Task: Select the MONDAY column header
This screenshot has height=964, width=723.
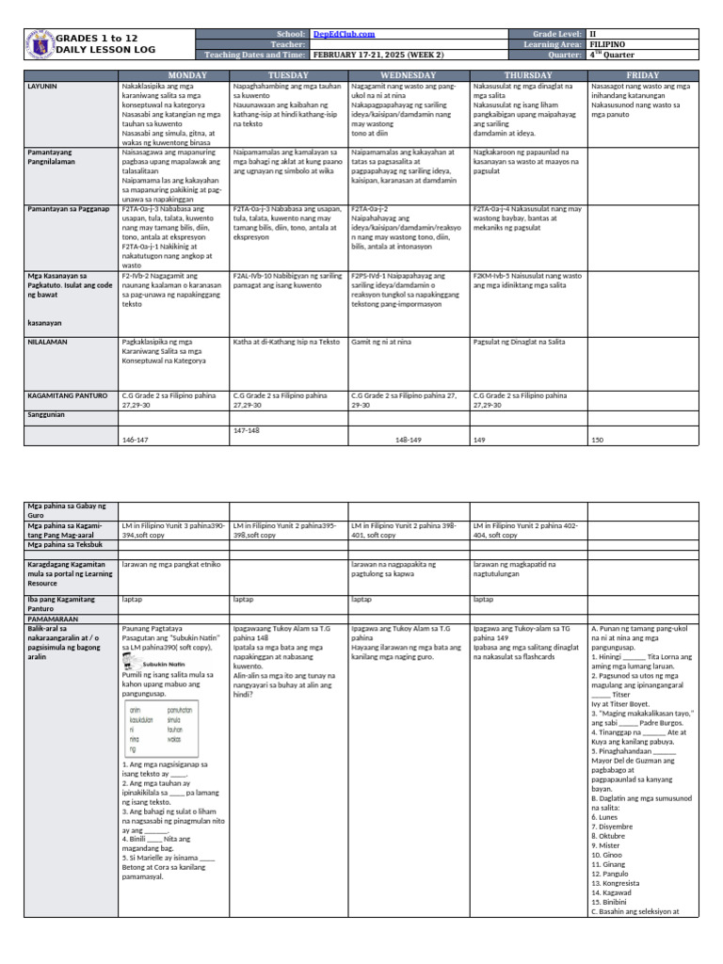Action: coord(173,74)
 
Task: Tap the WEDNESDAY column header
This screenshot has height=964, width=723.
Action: coord(408,74)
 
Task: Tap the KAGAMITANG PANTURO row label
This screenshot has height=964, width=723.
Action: coord(67,395)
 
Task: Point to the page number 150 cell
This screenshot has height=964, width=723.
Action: coord(597,440)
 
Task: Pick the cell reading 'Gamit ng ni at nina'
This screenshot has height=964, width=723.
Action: coord(383,343)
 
